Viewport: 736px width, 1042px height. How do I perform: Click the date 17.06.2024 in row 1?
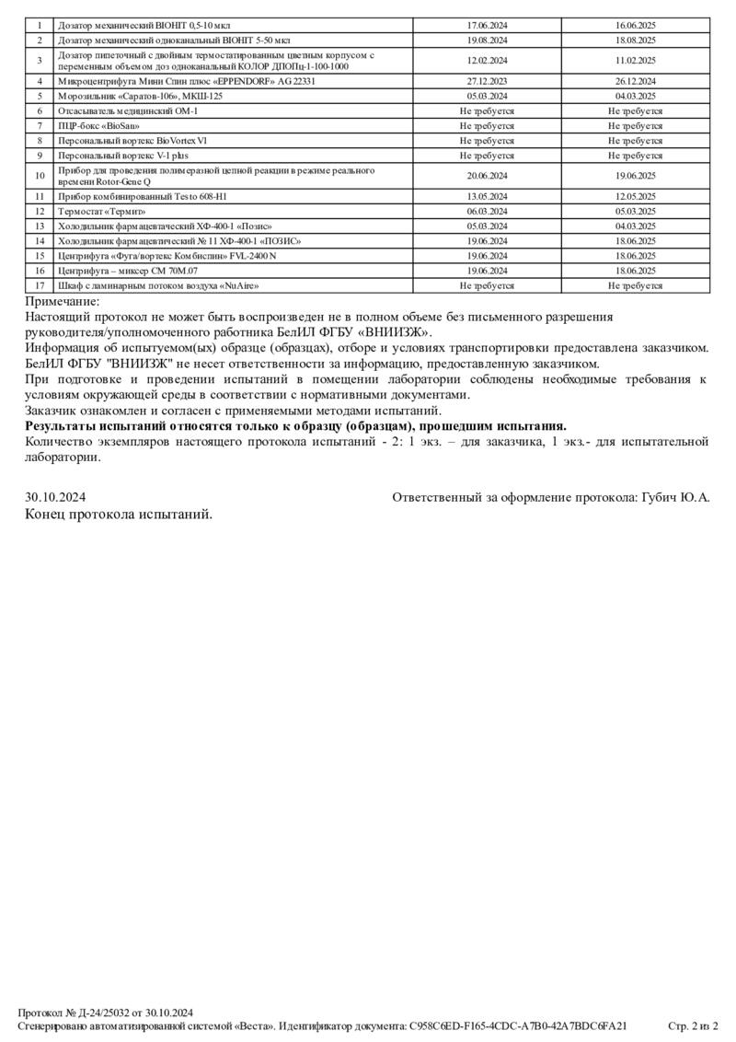tap(487, 25)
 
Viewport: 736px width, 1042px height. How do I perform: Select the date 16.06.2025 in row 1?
tap(635, 25)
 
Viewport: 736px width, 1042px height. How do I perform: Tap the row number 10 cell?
tap(40, 176)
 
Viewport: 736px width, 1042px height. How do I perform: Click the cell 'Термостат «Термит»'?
tap(103, 211)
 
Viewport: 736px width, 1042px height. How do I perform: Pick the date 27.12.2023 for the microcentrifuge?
tap(487, 81)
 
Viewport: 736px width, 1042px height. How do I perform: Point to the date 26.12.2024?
tap(635, 81)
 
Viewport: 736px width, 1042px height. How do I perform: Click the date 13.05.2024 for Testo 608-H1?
tap(487, 196)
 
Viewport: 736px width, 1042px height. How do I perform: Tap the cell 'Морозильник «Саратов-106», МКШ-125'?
tap(140, 96)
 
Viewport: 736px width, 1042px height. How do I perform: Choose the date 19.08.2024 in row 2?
tap(487, 41)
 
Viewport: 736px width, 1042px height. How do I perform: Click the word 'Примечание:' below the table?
tap(62, 301)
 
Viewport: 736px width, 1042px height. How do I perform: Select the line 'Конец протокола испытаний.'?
tap(119, 514)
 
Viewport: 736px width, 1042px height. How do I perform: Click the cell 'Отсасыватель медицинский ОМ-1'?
tap(128, 110)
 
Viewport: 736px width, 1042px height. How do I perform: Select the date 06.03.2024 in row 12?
tap(487, 211)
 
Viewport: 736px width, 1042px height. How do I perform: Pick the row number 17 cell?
tap(40, 285)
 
